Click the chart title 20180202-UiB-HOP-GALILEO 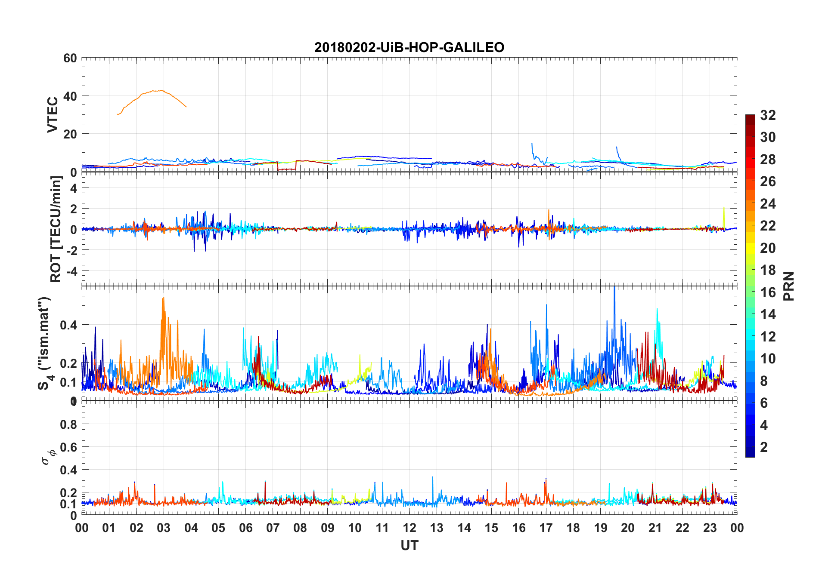(x=409, y=47)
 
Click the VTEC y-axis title (x=53, y=115)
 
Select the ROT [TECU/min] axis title (x=56, y=229)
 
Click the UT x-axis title (x=409, y=546)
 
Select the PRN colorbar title (x=788, y=286)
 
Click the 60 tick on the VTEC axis (x=70, y=58)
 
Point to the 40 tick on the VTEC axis (x=70, y=96)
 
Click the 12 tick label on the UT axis (x=409, y=528)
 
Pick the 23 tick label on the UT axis (x=710, y=528)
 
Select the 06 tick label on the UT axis (x=245, y=528)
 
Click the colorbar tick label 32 (x=768, y=115)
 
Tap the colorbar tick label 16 (x=768, y=292)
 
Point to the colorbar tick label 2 (x=764, y=447)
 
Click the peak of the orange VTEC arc (x=161, y=90)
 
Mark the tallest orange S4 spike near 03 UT (x=163, y=298)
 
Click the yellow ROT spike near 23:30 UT (x=724, y=208)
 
